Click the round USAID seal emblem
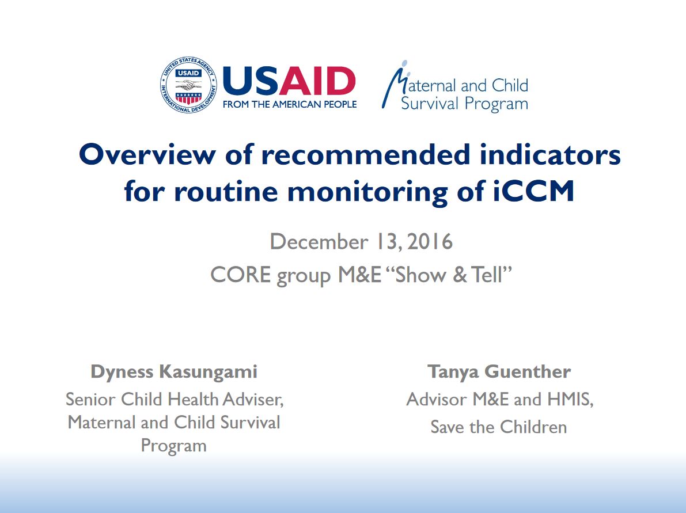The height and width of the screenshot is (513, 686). (x=188, y=85)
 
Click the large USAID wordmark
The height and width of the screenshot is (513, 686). (x=289, y=81)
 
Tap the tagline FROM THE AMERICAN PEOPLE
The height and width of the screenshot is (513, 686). (x=290, y=105)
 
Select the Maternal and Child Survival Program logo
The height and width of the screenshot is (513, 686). (x=455, y=86)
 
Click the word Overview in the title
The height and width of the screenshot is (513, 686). (x=147, y=155)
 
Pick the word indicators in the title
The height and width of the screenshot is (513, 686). (x=550, y=155)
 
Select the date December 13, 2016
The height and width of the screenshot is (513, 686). (x=361, y=242)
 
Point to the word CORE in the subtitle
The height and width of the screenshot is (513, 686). (x=241, y=275)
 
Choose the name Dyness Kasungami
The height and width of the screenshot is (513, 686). (x=174, y=372)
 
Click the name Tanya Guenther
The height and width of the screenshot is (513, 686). (x=499, y=372)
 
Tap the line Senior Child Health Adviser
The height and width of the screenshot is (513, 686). (x=175, y=400)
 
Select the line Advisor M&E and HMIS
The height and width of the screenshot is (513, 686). (x=499, y=400)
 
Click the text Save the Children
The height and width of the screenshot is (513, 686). (x=499, y=427)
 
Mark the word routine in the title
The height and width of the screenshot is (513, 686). (x=226, y=192)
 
